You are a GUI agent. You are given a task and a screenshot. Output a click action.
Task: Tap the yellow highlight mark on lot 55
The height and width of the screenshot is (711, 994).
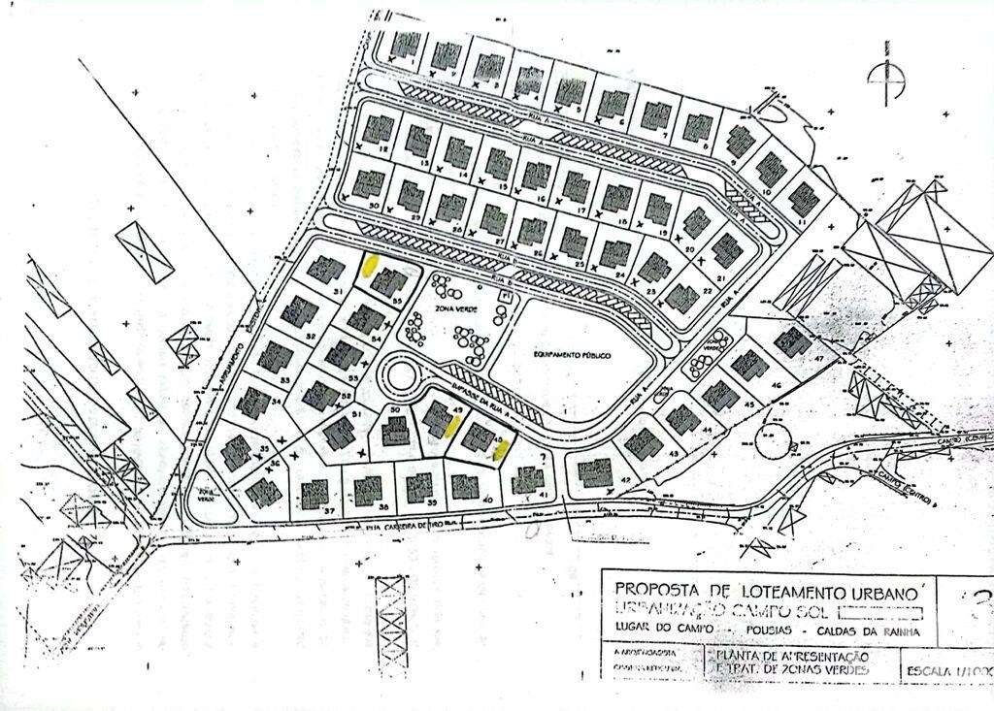point(370,265)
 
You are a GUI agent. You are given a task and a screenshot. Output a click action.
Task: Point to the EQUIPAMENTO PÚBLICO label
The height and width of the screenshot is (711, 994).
point(570,356)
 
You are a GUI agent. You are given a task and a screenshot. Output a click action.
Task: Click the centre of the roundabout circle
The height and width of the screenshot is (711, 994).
point(398,373)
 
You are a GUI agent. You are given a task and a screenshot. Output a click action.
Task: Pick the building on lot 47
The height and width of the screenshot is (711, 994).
point(793,342)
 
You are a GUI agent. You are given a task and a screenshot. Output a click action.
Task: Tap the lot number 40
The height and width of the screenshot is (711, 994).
point(487,500)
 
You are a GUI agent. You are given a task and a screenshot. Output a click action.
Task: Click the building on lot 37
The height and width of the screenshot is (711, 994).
point(316,497)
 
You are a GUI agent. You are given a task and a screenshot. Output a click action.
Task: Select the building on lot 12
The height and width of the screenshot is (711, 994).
point(378,128)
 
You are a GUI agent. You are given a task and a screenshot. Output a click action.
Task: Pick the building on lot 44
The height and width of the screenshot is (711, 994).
point(683,420)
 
